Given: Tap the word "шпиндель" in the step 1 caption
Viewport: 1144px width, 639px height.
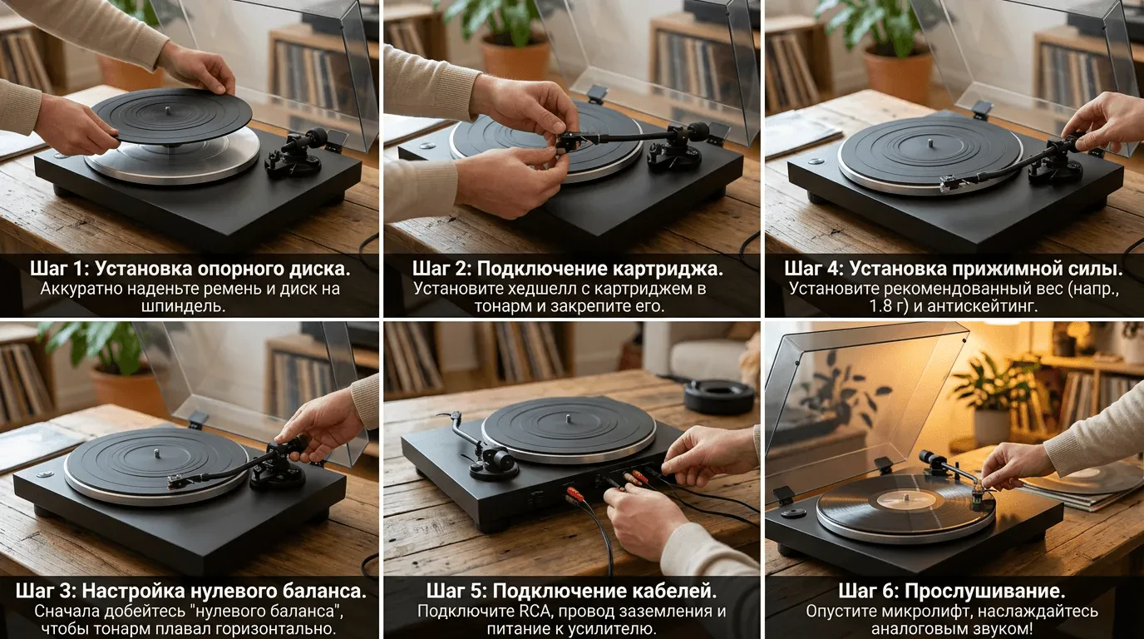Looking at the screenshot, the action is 183,307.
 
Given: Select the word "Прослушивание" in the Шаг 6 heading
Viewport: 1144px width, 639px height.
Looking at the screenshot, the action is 984,592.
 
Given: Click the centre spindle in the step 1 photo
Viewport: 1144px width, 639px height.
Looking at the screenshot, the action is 168,110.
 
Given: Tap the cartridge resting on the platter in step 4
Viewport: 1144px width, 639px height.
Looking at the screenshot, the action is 950,182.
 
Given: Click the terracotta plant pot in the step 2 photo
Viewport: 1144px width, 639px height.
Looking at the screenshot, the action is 515,59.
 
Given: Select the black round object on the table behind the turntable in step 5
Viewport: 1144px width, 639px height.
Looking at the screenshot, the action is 718,396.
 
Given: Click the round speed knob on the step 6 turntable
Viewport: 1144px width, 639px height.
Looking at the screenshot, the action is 793,513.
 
